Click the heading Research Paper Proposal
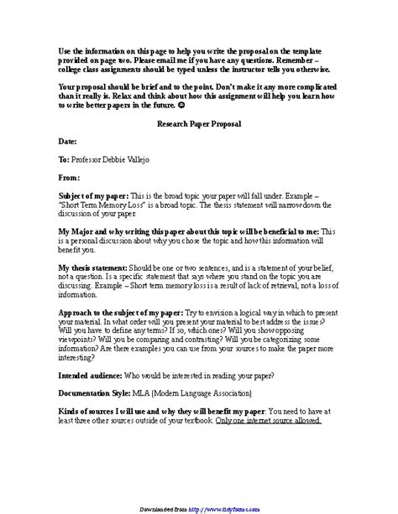click(x=198, y=124)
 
